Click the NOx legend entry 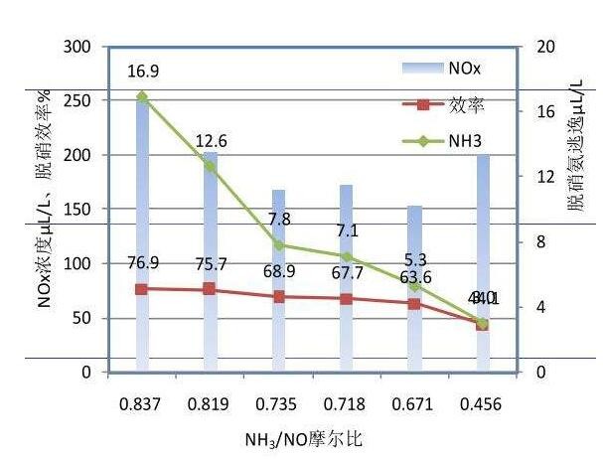click(443, 68)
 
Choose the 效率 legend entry click(443, 103)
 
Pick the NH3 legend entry click(443, 140)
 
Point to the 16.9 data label click(143, 71)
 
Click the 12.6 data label click(210, 140)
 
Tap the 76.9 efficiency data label click(142, 263)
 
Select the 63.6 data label click(415, 277)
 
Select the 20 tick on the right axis click(542, 47)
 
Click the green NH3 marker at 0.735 click(278, 245)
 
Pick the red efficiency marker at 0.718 click(346, 299)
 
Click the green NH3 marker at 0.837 click(142, 97)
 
